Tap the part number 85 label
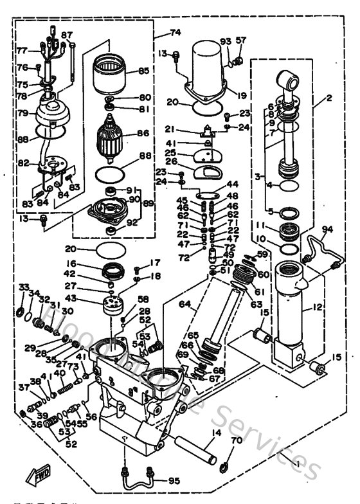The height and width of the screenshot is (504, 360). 144,71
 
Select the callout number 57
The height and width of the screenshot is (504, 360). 241,40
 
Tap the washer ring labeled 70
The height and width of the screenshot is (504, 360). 224,465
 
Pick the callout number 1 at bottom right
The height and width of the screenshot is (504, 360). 294,464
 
